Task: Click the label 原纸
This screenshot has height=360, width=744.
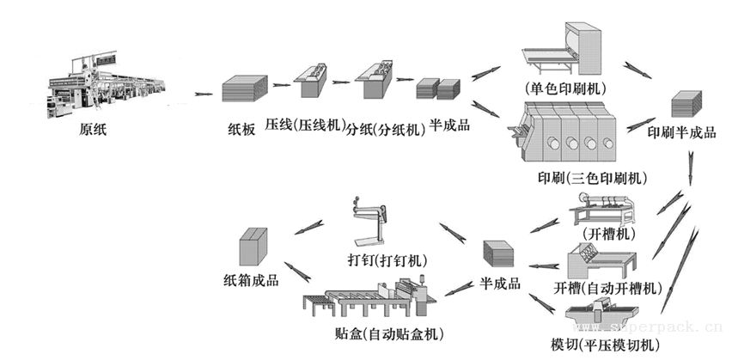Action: click(93, 130)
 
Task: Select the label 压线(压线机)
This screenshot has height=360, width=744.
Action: click(305, 127)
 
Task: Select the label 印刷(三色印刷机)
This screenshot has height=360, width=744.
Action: click(592, 179)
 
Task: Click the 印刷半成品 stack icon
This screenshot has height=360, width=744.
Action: click(686, 103)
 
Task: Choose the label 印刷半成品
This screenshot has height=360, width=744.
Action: click(682, 133)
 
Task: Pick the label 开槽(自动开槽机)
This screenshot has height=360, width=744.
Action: click(607, 288)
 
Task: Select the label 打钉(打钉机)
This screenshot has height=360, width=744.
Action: click(387, 260)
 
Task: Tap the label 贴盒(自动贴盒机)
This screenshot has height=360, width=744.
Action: click(389, 334)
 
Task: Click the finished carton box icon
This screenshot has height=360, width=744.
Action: click(253, 246)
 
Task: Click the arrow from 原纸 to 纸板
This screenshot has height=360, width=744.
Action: click(204, 94)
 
